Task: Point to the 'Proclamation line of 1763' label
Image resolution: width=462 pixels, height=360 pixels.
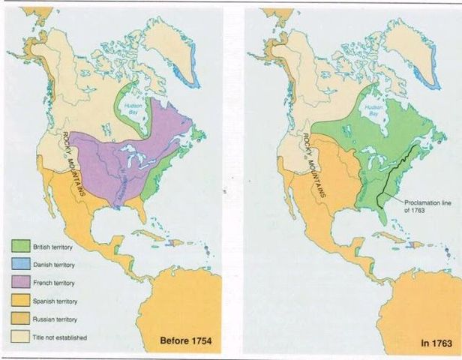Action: point(429,206)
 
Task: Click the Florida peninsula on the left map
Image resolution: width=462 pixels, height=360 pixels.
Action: point(142,213)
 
